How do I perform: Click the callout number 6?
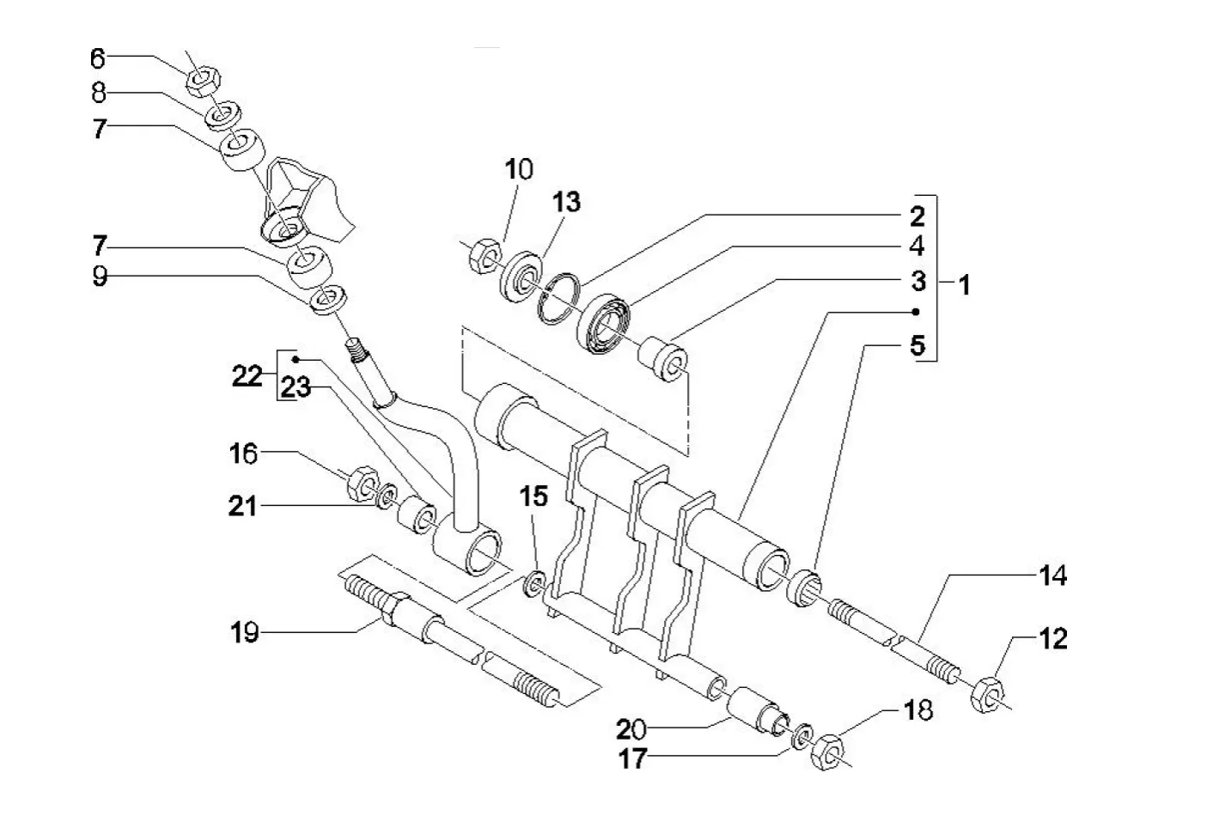(97, 58)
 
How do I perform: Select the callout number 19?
(244, 633)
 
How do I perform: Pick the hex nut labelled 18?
(830, 750)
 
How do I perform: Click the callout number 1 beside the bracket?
(965, 284)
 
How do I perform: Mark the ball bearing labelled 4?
(607, 324)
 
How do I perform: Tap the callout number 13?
(566, 202)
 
